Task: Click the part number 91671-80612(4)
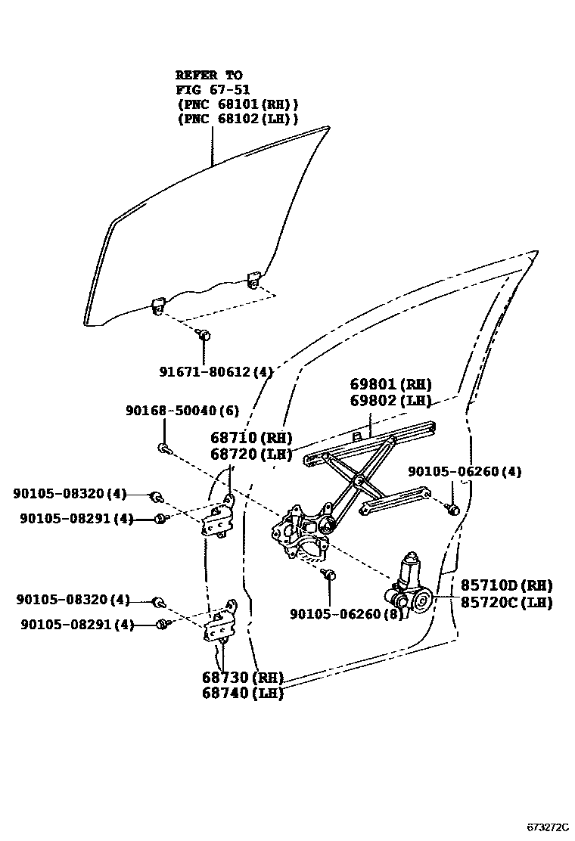click(216, 371)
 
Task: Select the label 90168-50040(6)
click(182, 411)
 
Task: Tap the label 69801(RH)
click(390, 384)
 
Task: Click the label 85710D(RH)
click(506, 585)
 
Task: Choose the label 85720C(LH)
click(506, 603)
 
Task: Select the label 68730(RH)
click(242, 677)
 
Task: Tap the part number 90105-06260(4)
click(465, 472)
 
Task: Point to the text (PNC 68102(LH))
click(238, 119)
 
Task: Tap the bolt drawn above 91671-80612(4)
click(202, 334)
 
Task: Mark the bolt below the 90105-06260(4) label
click(452, 509)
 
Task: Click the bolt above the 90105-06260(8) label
click(329, 574)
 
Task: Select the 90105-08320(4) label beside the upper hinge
click(70, 494)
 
